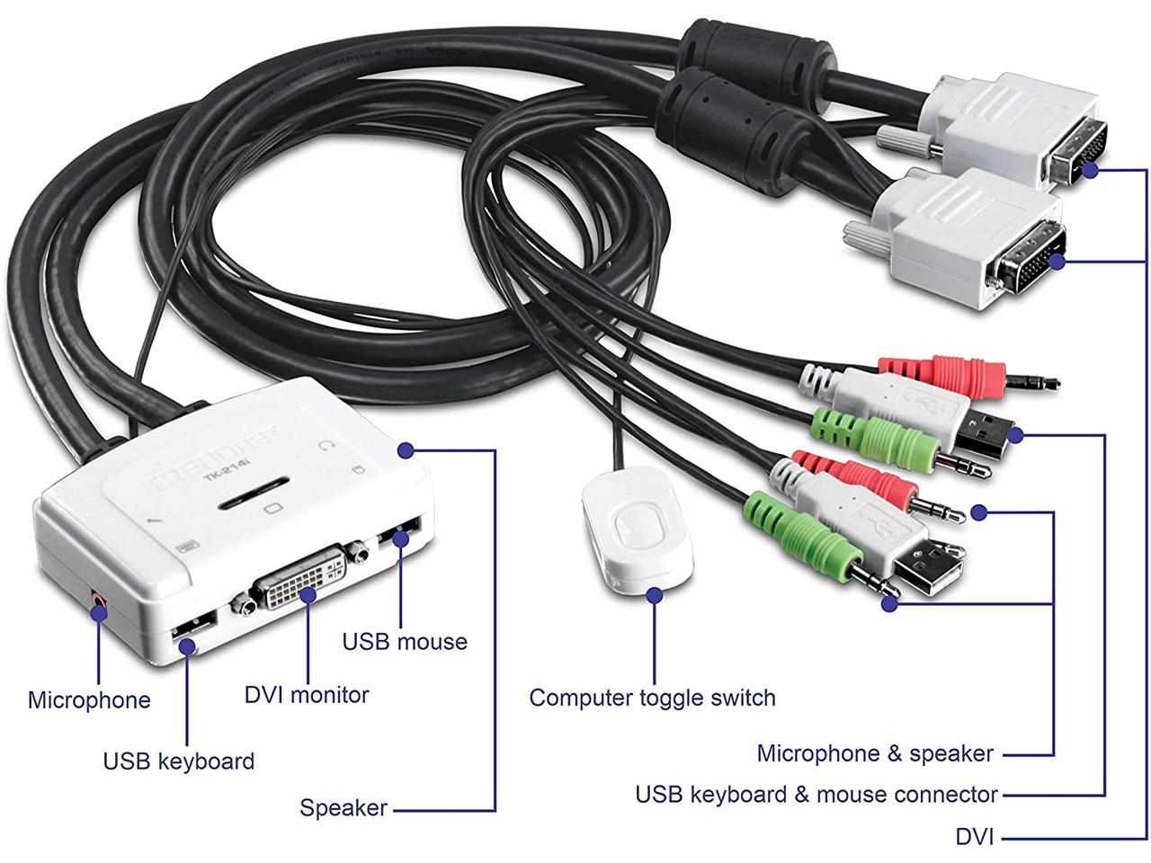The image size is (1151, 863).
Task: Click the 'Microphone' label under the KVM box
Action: [x=89, y=700]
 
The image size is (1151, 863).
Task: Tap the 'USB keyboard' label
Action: [x=178, y=761]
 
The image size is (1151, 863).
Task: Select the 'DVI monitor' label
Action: [x=307, y=695]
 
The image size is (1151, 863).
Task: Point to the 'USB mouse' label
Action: [x=405, y=642]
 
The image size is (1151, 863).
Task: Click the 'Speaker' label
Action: [x=344, y=808]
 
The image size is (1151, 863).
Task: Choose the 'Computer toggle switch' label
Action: [x=652, y=698]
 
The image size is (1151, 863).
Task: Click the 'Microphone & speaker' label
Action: [x=875, y=753]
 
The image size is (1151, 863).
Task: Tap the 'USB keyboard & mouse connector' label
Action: [x=816, y=795]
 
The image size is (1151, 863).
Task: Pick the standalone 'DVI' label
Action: [x=975, y=837]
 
